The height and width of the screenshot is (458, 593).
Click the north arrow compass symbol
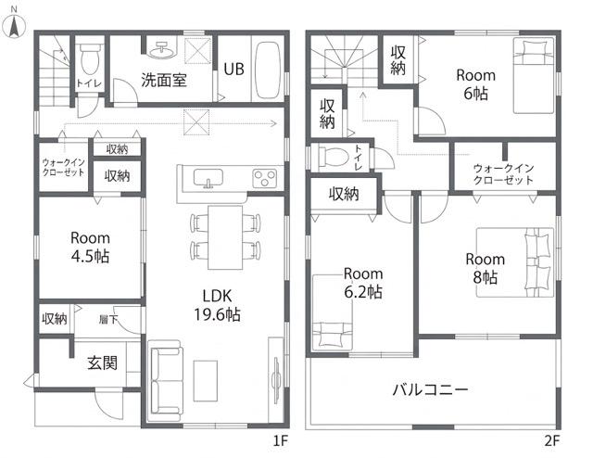coord(15,26)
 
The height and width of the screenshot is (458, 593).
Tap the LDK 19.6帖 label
coord(217,305)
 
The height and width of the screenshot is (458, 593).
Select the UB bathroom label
coord(233,70)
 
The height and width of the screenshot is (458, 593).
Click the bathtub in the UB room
coord(268,70)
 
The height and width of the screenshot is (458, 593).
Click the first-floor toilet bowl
coord(90,58)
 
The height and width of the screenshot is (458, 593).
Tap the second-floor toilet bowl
coord(334,156)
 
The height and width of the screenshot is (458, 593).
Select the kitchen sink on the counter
coord(208,178)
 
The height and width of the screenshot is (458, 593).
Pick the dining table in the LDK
coord(225,237)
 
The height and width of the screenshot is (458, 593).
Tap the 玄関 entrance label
coord(102,363)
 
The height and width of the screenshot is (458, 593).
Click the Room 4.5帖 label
coord(91,248)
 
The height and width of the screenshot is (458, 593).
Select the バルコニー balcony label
coord(431,389)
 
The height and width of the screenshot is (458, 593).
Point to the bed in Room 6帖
coord(534,75)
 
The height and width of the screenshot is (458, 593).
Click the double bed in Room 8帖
coord(515,262)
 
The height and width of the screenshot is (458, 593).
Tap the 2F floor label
coord(552,441)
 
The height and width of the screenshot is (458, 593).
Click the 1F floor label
coord(281,441)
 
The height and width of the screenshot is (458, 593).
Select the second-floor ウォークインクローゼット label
coord(503,173)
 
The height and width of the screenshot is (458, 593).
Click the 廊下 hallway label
coord(108,320)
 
